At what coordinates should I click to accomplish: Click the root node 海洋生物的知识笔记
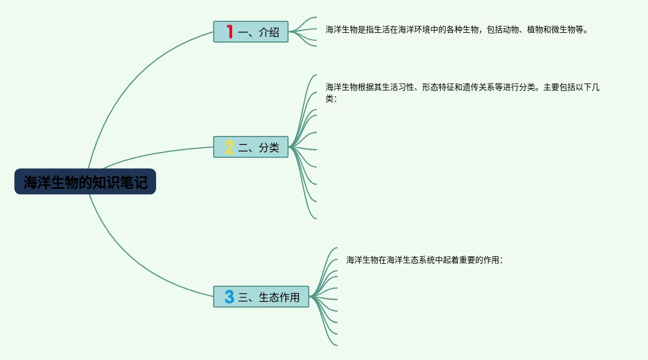pos(85,182)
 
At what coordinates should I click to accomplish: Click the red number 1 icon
pos(229,32)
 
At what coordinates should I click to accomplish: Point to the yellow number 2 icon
pos(229,147)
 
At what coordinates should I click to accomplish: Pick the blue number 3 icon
pos(229,297)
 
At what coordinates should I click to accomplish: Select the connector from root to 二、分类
pos(156,154)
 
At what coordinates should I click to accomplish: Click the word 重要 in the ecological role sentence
pos(465,260)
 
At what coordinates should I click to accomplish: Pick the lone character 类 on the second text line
pos(329,98)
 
